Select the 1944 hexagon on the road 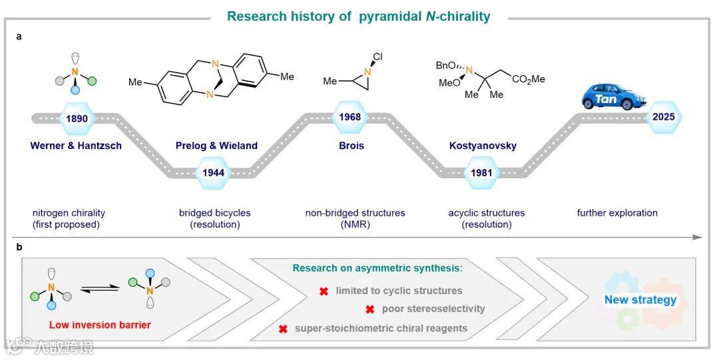213,172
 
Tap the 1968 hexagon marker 349,118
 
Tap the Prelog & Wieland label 216,146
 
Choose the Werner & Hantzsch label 76,146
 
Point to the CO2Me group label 529,79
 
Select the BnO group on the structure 445,65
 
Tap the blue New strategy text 640,300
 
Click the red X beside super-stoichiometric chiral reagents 283,328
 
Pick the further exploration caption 617,213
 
